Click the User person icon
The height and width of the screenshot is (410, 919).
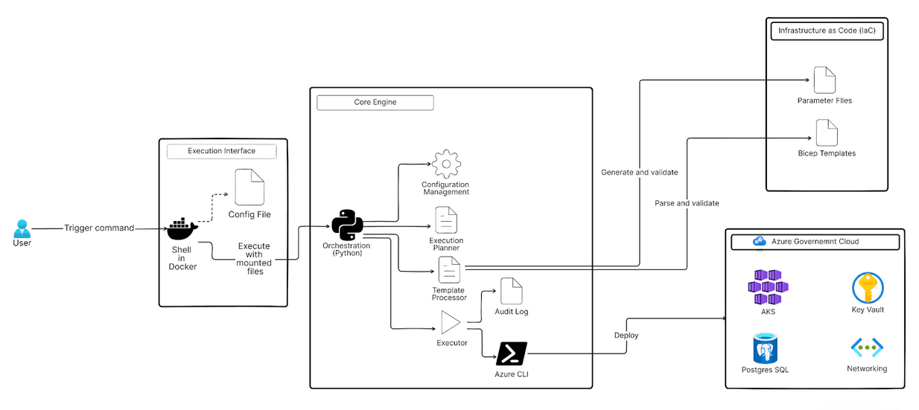click(x=22, y=228)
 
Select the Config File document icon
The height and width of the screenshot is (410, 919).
click(x=249, y=188)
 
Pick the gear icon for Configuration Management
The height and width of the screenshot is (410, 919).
click(x=445, y=164)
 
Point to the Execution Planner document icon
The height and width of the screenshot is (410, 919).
click(x=446, y=220)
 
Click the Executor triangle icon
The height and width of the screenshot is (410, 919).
click(x=451, y=322)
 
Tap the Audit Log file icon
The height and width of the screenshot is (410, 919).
click(x=512, y=291)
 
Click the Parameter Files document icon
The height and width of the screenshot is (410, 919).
click(x=824, y=80)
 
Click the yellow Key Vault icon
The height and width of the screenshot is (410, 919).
click(x=868, y=288)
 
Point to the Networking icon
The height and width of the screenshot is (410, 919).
click(x=867, y=347)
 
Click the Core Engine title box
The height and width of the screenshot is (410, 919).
click(x=375, y=102)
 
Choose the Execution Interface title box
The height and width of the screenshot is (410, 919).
click(x=221, y=151)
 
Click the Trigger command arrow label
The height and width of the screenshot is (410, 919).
click(x=99, y=228)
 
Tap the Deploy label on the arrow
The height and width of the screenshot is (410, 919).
click(x=626, y=335)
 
